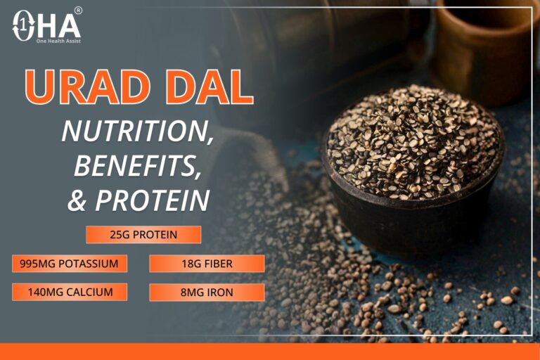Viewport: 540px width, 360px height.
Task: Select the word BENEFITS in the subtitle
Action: tap(134, 166)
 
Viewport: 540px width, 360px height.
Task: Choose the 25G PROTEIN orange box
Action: tap(143, 234)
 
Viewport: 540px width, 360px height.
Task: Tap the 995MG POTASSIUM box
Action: tap(70, 264)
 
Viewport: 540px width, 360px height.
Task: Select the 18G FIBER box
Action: tap(207, 264)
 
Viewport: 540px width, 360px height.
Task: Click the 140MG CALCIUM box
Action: tap(70, 292)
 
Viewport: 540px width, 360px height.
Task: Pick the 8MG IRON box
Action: tap(207, 292)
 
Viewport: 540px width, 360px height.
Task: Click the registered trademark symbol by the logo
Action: tap(78, 11)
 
